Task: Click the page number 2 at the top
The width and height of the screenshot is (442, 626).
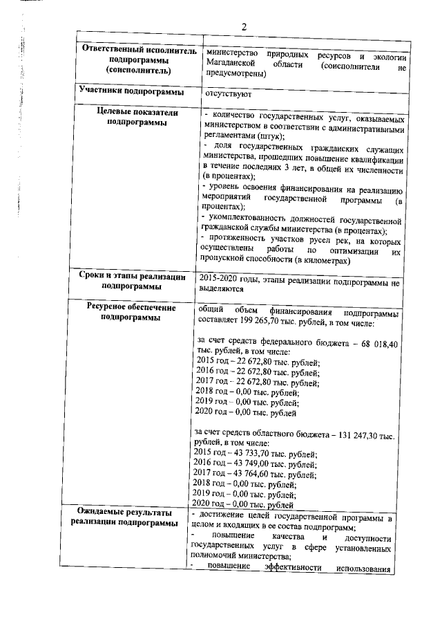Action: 243,27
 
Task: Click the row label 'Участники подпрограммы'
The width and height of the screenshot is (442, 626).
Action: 131,91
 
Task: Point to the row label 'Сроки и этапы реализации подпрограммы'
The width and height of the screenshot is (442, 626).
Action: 131,281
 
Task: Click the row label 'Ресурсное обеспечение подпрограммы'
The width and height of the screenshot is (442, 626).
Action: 131,312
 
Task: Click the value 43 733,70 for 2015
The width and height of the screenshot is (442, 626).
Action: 247,454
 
